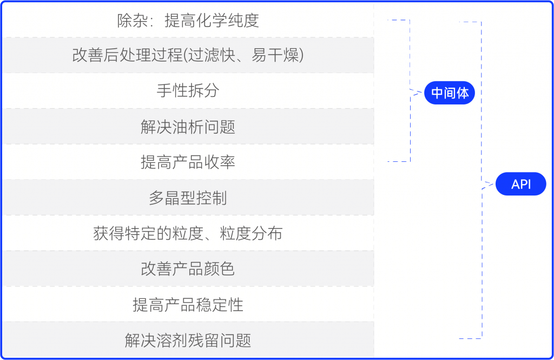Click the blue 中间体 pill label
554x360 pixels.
450,94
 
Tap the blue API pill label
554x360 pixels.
521,185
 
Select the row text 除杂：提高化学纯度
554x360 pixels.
188,21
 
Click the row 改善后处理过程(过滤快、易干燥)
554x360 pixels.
188,55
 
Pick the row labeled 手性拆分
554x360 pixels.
188,90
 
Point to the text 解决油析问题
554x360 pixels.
188,127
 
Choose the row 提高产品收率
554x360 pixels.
188,162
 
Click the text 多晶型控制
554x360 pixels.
188,198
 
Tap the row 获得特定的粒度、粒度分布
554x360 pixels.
188,233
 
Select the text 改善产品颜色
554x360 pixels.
188,269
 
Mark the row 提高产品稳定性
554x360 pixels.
188,305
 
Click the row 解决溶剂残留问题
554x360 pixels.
188,341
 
